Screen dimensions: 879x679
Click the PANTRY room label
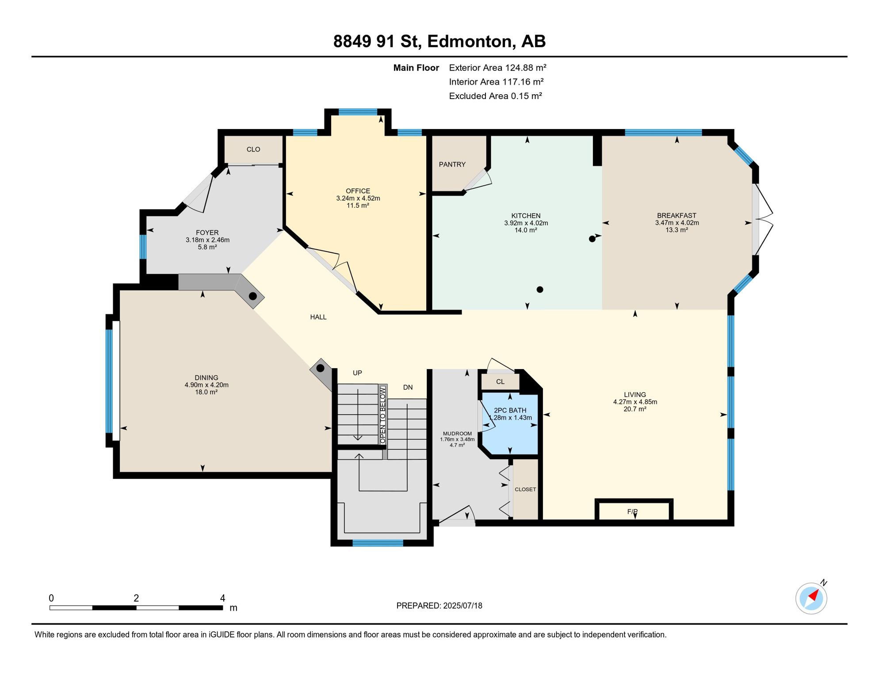pyautogui.click(x=452, y=164)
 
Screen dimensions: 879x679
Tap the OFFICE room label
pyautogui.click(x=358, y=191)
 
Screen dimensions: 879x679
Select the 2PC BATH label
pyautogui.click(x=510, y=410)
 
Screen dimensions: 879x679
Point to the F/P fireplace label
pyautogui.click(x=632, y=511)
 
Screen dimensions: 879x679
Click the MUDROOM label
pyautogui.click(x=457, y=434)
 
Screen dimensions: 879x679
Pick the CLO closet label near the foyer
pyautogui.click(x=253, y=149)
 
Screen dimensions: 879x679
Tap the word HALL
pyautogui.click(x=318, y=317)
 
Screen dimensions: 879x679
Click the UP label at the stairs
pyautogui.click(x=357, y=373)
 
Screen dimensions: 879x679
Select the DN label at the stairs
pyautogui.click(x=408, y=387)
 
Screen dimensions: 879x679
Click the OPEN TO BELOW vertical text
pyautogui.click(x=383, y=415)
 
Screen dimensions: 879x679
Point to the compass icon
pyautogui.click(x=811, y=598)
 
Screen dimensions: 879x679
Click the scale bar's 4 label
pyautogui.click(x=222, y=598)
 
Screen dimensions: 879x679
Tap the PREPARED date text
pyautogui.click(x=439, y=606)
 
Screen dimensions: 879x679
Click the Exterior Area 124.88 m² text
pyautogui.click(x=497, y=68)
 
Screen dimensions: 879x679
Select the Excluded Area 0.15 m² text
pyautogui.click(x=495, y=96)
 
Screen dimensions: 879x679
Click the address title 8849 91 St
pyautogui.click(x=376, y=41)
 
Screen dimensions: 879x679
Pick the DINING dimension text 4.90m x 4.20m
pyautogui.click(x=206, y=385)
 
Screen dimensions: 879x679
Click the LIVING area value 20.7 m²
pyautogui.click(x=635, y=409)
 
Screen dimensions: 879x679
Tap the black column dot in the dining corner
pyautogui.click(x=321, y=368)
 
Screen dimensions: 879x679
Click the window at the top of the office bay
pyautogui.click(x=358, y=112)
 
